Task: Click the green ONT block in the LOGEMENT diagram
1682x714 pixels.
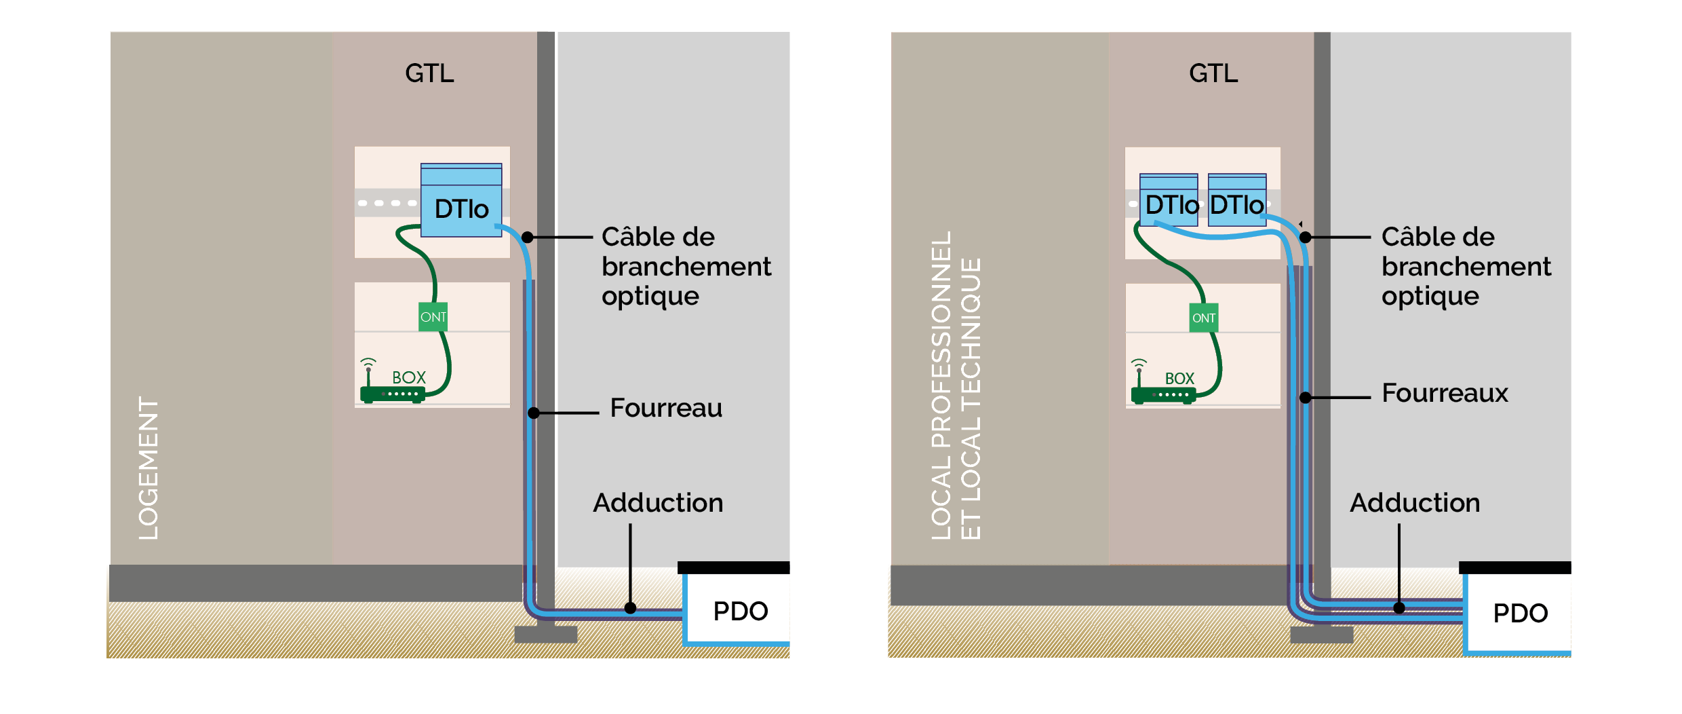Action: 433,317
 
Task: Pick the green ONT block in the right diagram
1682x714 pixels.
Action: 1204,318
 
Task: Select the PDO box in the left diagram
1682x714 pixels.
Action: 740,611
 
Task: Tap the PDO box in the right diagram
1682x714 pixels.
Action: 1520,613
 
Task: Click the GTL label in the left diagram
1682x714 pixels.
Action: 429,73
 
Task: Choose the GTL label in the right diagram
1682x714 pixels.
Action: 1213,73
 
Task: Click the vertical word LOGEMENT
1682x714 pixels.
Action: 149,468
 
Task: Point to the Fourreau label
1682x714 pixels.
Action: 666,408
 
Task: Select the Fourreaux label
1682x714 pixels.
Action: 1445,393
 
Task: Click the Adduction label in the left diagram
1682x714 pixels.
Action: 658,503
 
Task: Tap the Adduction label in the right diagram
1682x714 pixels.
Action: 1415,503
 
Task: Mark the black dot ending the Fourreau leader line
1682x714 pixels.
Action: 534,413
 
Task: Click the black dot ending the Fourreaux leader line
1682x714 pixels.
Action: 1305,397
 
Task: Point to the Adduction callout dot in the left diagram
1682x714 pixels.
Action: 630,608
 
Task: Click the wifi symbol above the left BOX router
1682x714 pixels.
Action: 368,362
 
